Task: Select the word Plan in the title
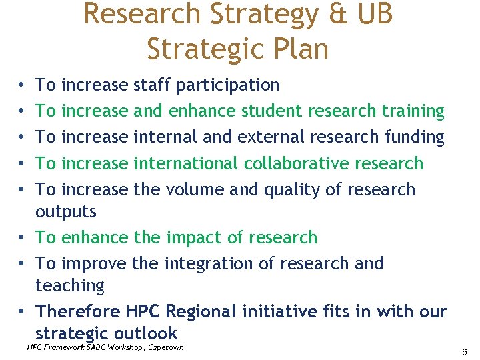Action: click(x=299, y=49)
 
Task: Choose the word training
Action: click(x=409, y=111)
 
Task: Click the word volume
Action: click(x=193, y=189)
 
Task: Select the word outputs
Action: click(x=66, y=212)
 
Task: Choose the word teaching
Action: click(x=70, y=286)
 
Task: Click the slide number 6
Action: click(x=464, y=351)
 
